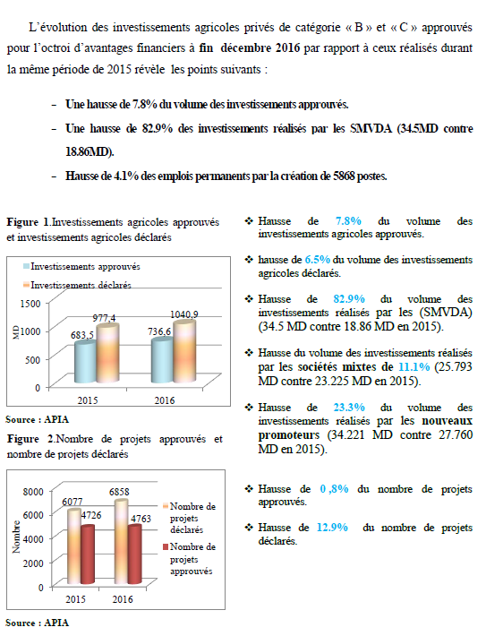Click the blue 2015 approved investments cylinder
point(86,362)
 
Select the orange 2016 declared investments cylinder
point(184,351)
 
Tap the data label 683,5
point(81,335)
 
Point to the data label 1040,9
point(184,314)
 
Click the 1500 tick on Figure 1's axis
point(30,304)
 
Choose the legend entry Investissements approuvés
point(81,266)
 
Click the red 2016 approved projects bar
point(134,554)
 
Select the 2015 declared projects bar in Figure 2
point(74,546)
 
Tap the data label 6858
point(119,492)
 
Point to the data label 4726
point(91,515)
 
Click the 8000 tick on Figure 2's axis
point(33,492)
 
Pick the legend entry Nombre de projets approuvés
point(189,559)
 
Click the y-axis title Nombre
point(16,537)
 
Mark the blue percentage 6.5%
point(318,260)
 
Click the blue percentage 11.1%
point(414,366)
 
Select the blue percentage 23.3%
point(349,408)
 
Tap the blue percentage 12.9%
point(332,528)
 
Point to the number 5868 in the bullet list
point(344,176)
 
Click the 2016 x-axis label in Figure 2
point(123,599)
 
